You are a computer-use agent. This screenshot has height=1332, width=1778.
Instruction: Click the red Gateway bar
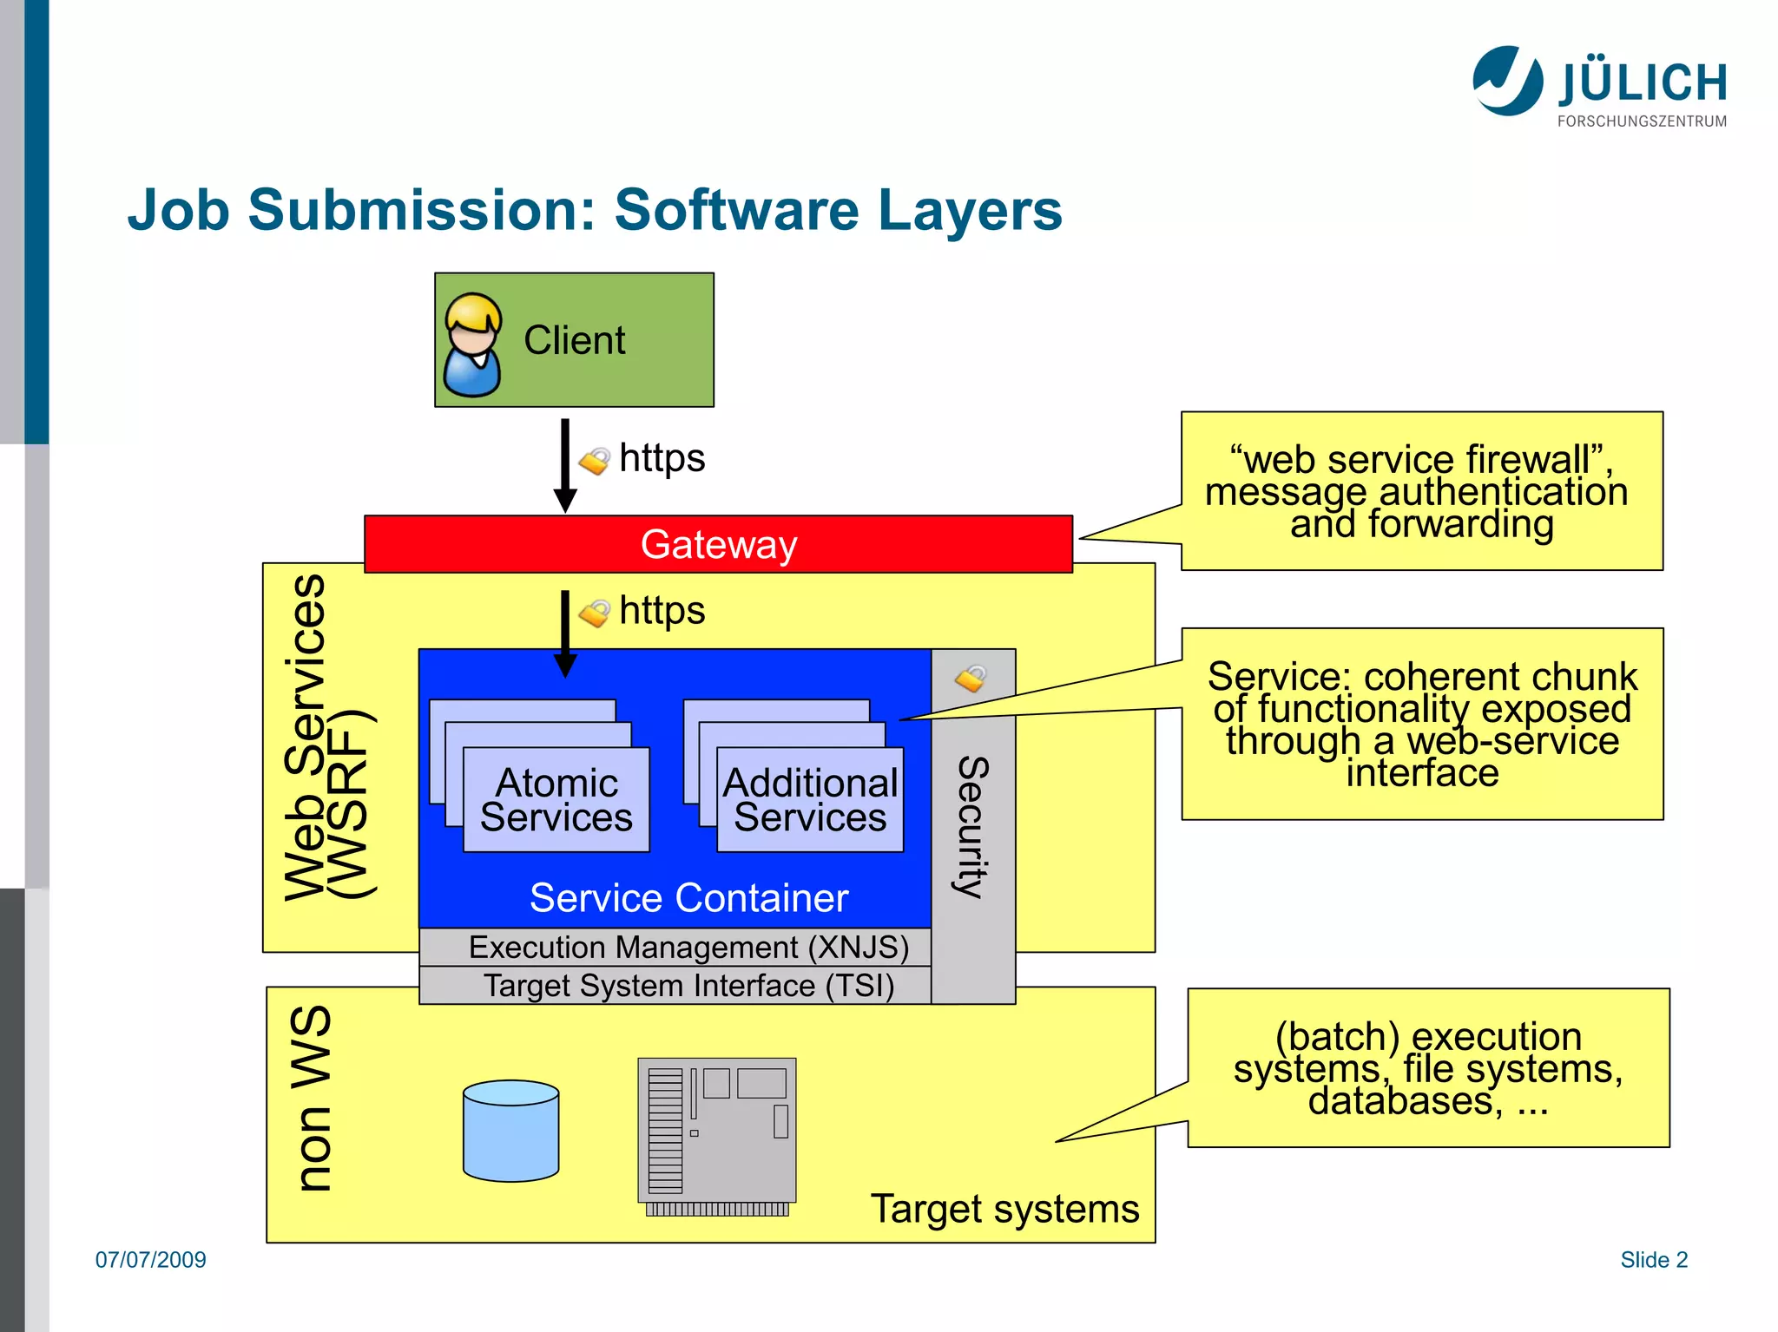point(718,544)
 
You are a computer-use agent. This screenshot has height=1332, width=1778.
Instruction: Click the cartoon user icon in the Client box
point(472,344)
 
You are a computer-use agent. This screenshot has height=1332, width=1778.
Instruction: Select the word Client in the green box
point(574,340)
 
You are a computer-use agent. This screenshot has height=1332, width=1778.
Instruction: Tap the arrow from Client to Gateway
point(565,466)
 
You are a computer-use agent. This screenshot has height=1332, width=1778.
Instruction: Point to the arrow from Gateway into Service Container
point(565,634)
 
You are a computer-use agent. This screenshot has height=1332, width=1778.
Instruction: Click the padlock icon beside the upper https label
point(595,461)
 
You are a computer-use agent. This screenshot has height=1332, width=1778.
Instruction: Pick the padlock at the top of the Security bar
point(971,678)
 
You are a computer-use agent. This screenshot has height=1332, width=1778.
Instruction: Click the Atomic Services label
point(556,800)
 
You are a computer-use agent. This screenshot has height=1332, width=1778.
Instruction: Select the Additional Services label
point(810,800)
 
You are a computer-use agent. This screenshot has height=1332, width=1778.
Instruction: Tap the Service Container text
point(688,898)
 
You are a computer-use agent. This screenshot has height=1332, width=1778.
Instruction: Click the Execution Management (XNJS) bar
point(675,947)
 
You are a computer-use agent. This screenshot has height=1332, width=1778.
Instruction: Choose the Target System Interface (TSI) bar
point(675,985)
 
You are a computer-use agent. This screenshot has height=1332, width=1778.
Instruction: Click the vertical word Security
point(973,827)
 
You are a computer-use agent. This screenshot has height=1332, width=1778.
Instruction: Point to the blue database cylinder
point(510,1131)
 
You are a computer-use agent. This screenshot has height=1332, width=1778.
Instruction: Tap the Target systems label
point(1004,1209)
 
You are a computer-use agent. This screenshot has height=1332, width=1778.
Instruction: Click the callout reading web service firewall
point(1422,491)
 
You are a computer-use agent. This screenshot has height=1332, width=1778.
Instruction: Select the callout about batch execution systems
point(1428,1068)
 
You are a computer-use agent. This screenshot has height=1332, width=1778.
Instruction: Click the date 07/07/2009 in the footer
point(151,1260)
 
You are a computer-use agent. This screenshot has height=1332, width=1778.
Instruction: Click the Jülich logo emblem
point(1508,81)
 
